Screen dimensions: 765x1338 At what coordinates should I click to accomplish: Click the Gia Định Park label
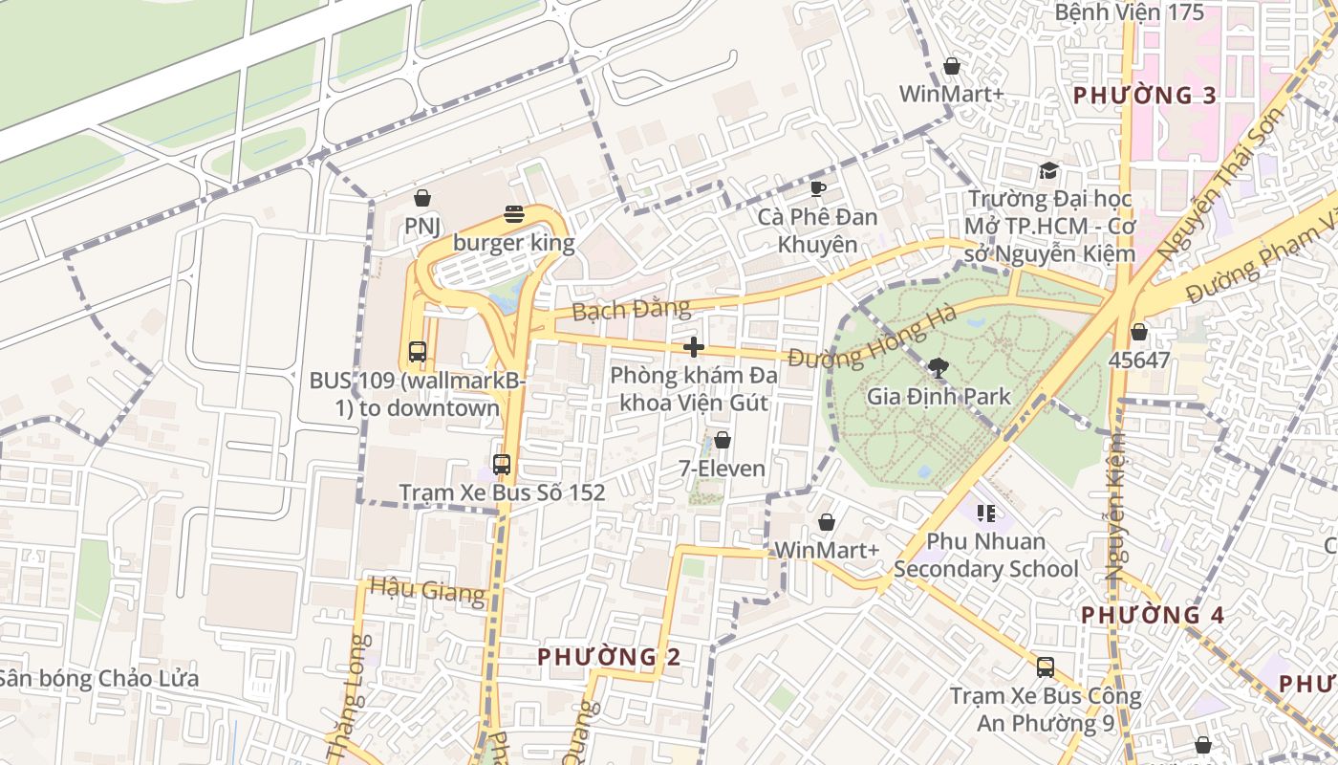pos(938,396)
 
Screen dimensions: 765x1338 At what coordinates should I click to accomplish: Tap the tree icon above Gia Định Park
pos(938,367)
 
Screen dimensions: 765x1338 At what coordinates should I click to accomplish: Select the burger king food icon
pos(514,214)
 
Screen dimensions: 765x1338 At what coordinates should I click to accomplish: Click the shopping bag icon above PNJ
pos(422,198)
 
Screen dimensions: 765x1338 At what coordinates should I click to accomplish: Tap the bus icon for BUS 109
pos(418,351)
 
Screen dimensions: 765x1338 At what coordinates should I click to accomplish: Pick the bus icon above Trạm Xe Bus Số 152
pos(502,465)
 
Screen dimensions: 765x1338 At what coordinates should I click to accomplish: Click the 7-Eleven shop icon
pos(723,440)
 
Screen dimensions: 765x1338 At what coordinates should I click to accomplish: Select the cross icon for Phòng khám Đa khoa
pos(695,347)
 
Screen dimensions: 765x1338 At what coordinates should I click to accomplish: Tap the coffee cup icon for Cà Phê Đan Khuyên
pos(817,188)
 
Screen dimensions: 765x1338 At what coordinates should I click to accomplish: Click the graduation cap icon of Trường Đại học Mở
pos(1049,171)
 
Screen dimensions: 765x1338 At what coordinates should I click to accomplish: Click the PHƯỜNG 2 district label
pos(609,657)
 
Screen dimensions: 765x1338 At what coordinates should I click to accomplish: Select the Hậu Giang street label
pos(427,589)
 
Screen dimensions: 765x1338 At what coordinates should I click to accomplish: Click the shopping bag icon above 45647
pos(1138,332)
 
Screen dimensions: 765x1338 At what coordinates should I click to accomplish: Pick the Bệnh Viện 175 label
pos(1130,12)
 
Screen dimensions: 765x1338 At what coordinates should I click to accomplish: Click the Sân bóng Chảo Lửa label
pos(99,679)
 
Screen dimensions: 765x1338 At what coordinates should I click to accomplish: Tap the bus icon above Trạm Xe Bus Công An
pos(1046,667)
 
